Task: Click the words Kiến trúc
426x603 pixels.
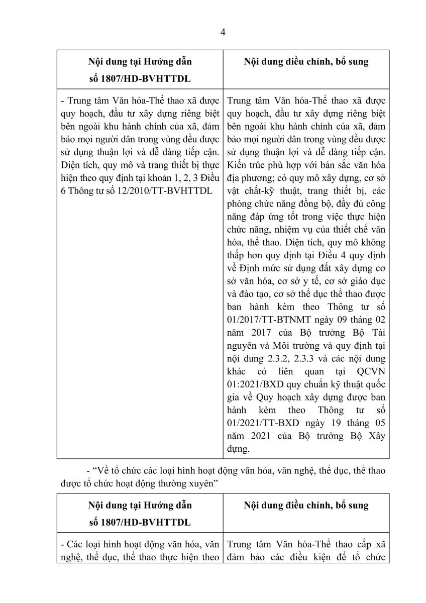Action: tap(244, 164)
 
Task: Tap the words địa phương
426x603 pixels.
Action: tap(247, 177)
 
